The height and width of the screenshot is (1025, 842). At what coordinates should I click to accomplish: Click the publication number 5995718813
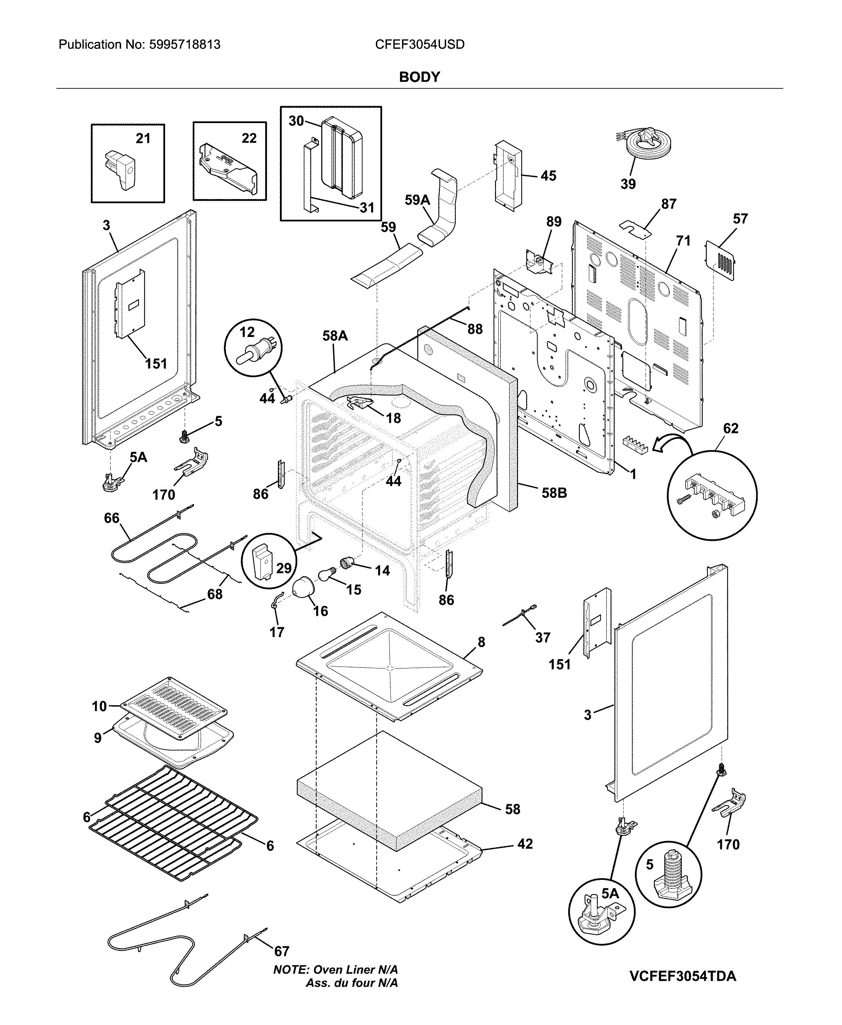pyautogui.click(x=184, y=45)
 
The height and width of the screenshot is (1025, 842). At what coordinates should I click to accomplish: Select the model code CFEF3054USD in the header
pyautogui.click(x=420, y=45)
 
